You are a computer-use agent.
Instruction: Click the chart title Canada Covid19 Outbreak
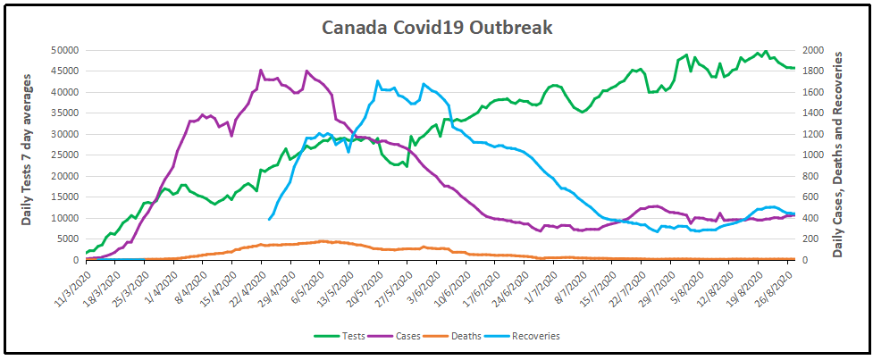(437, 28)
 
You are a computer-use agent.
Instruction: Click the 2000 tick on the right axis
(811, 50)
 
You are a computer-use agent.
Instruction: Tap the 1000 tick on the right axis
(811, 155)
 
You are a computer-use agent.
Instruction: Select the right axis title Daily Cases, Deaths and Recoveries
(838, 154)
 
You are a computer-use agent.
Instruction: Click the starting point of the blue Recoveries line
(269, 219)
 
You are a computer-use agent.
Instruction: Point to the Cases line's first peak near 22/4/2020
(261, 70)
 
